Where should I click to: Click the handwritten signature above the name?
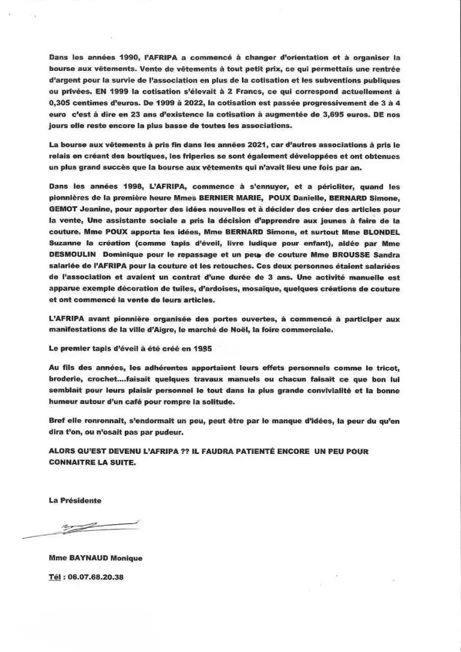click(81, 528)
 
